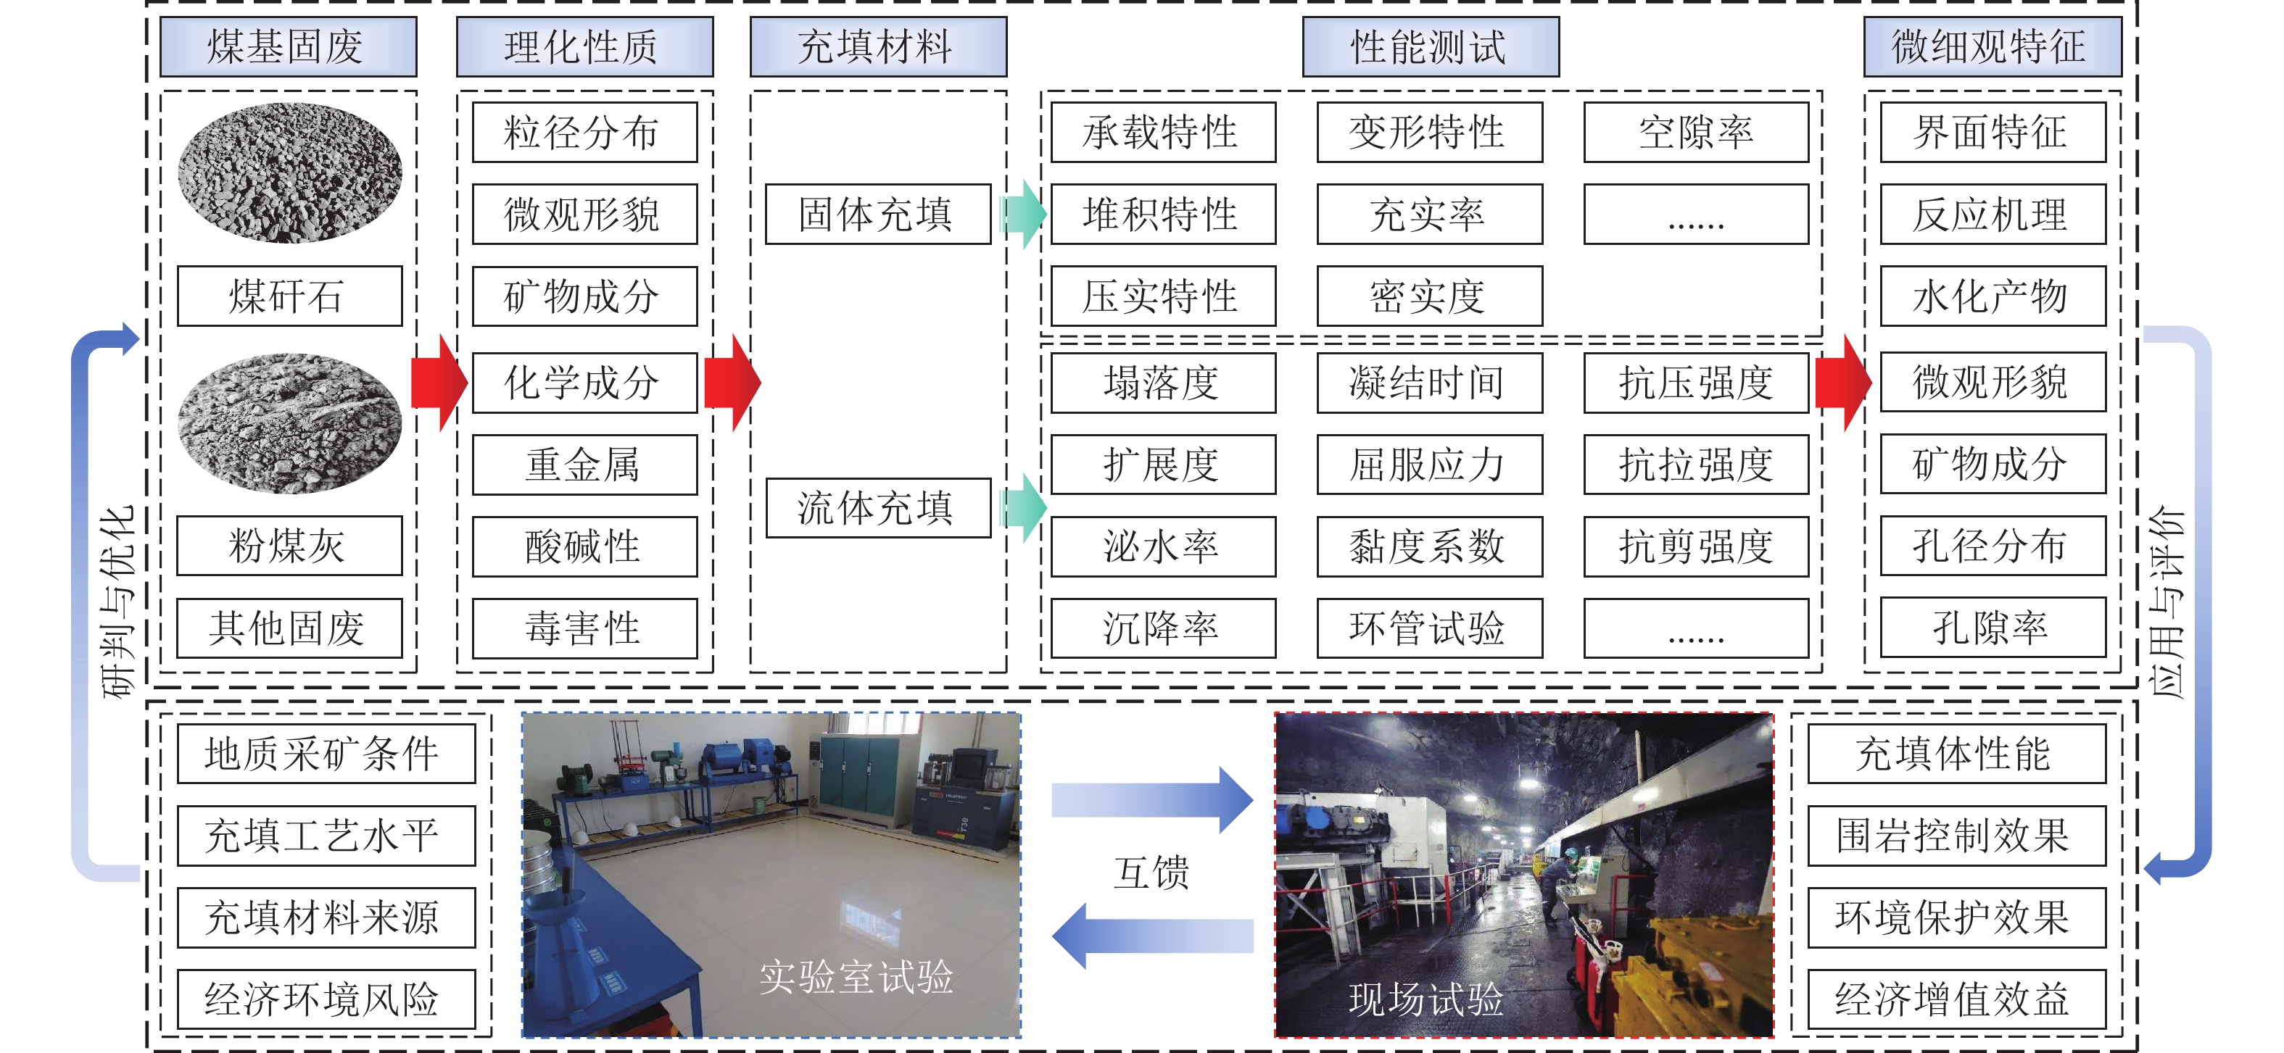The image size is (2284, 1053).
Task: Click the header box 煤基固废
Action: click(288, 47)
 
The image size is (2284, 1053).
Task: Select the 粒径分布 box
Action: click(584, 132)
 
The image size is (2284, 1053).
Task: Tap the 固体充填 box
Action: click(878, 215)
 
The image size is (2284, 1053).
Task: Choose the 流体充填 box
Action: click(878, 508)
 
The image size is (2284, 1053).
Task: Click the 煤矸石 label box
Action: click(289, 296)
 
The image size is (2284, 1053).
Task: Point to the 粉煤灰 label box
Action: click(289, 546)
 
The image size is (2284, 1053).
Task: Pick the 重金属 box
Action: click(584, 465)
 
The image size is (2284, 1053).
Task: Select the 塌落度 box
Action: click(1162, 383)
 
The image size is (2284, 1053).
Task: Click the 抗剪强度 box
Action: click(1695, 546)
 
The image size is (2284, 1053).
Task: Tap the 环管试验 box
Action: click(1429, 628)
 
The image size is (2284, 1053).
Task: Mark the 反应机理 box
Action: click(1993, 215)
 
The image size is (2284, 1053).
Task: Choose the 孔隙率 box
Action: click(1993, 628)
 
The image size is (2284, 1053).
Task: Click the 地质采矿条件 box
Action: click(326, 754)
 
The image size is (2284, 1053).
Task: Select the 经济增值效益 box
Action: click(1956, 999)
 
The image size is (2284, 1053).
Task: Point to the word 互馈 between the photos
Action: click(1151, 872)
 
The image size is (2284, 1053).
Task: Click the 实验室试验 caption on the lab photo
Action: click(856, 977)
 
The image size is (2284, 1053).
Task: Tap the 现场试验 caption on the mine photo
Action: click(1426, 999)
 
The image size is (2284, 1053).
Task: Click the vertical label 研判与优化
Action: click(119, 603)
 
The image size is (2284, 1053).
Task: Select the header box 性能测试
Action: click(1430, 47)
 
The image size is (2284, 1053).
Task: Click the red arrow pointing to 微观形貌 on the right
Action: click(1842, 383)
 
